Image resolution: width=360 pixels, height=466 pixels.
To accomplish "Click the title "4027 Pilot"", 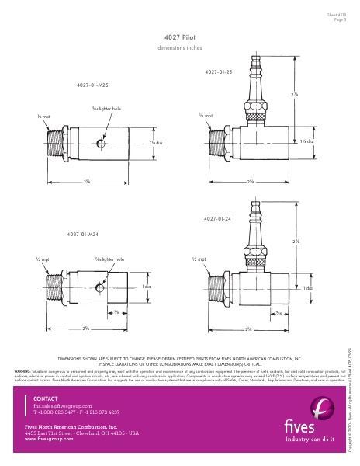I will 179,37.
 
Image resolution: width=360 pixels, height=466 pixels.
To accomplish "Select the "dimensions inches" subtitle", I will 179,47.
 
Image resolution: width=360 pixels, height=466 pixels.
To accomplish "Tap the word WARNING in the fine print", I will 22,370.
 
